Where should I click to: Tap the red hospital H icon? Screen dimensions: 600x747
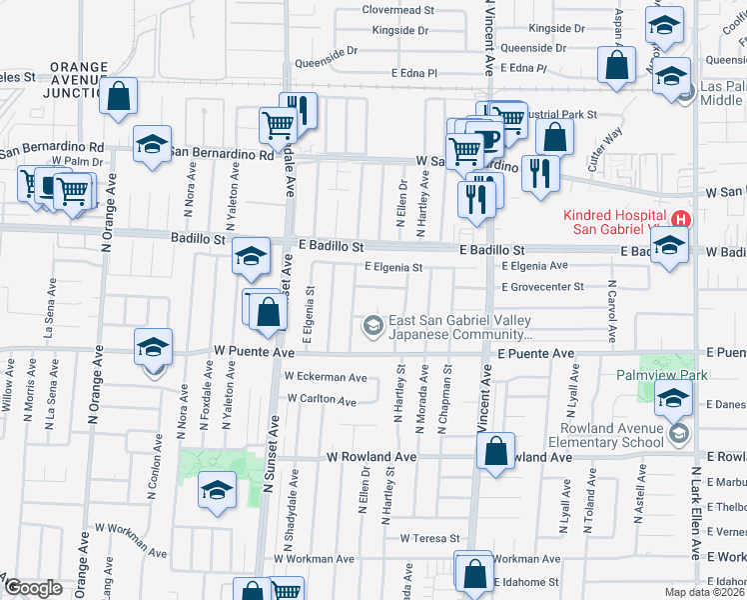(681, 219)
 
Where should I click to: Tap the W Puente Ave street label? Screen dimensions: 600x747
(254, 352)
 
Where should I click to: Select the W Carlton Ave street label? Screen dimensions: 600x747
(321, 400)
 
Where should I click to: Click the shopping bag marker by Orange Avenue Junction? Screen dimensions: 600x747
(119, 97)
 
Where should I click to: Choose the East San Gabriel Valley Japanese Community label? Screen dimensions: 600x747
(459, 327)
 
